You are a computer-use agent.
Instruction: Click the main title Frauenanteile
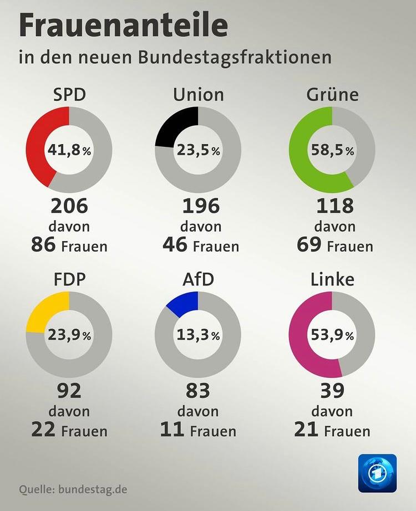click(123, 26)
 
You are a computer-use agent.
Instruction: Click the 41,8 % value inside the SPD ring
click(69, 150)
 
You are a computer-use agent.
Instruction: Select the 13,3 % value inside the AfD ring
click(198, 335)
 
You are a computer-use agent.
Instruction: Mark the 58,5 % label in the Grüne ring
click(332, 150)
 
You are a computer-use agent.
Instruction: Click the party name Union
click(198, 94)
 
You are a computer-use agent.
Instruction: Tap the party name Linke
click(332, 279)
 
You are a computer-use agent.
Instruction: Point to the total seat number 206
click(69, 206)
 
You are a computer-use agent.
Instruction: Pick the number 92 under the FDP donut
click(69, 391)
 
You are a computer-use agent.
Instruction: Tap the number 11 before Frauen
click(172, 430)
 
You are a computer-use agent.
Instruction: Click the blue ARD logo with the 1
click(377, 473)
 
